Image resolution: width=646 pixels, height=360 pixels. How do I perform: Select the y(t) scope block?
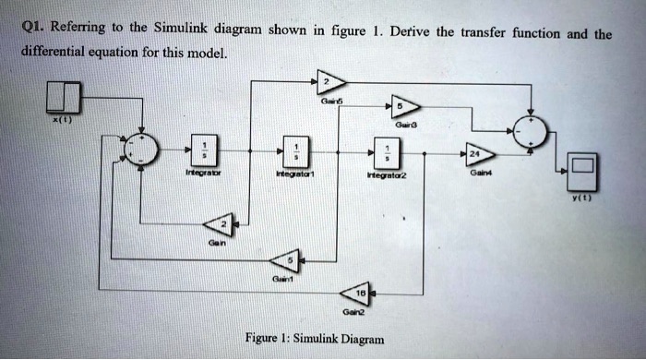(581, 169)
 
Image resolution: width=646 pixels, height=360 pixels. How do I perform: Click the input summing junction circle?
(142, 150)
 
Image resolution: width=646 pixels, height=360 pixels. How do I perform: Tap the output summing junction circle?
(530, 132)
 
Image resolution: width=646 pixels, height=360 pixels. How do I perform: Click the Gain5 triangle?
(329, 83)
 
